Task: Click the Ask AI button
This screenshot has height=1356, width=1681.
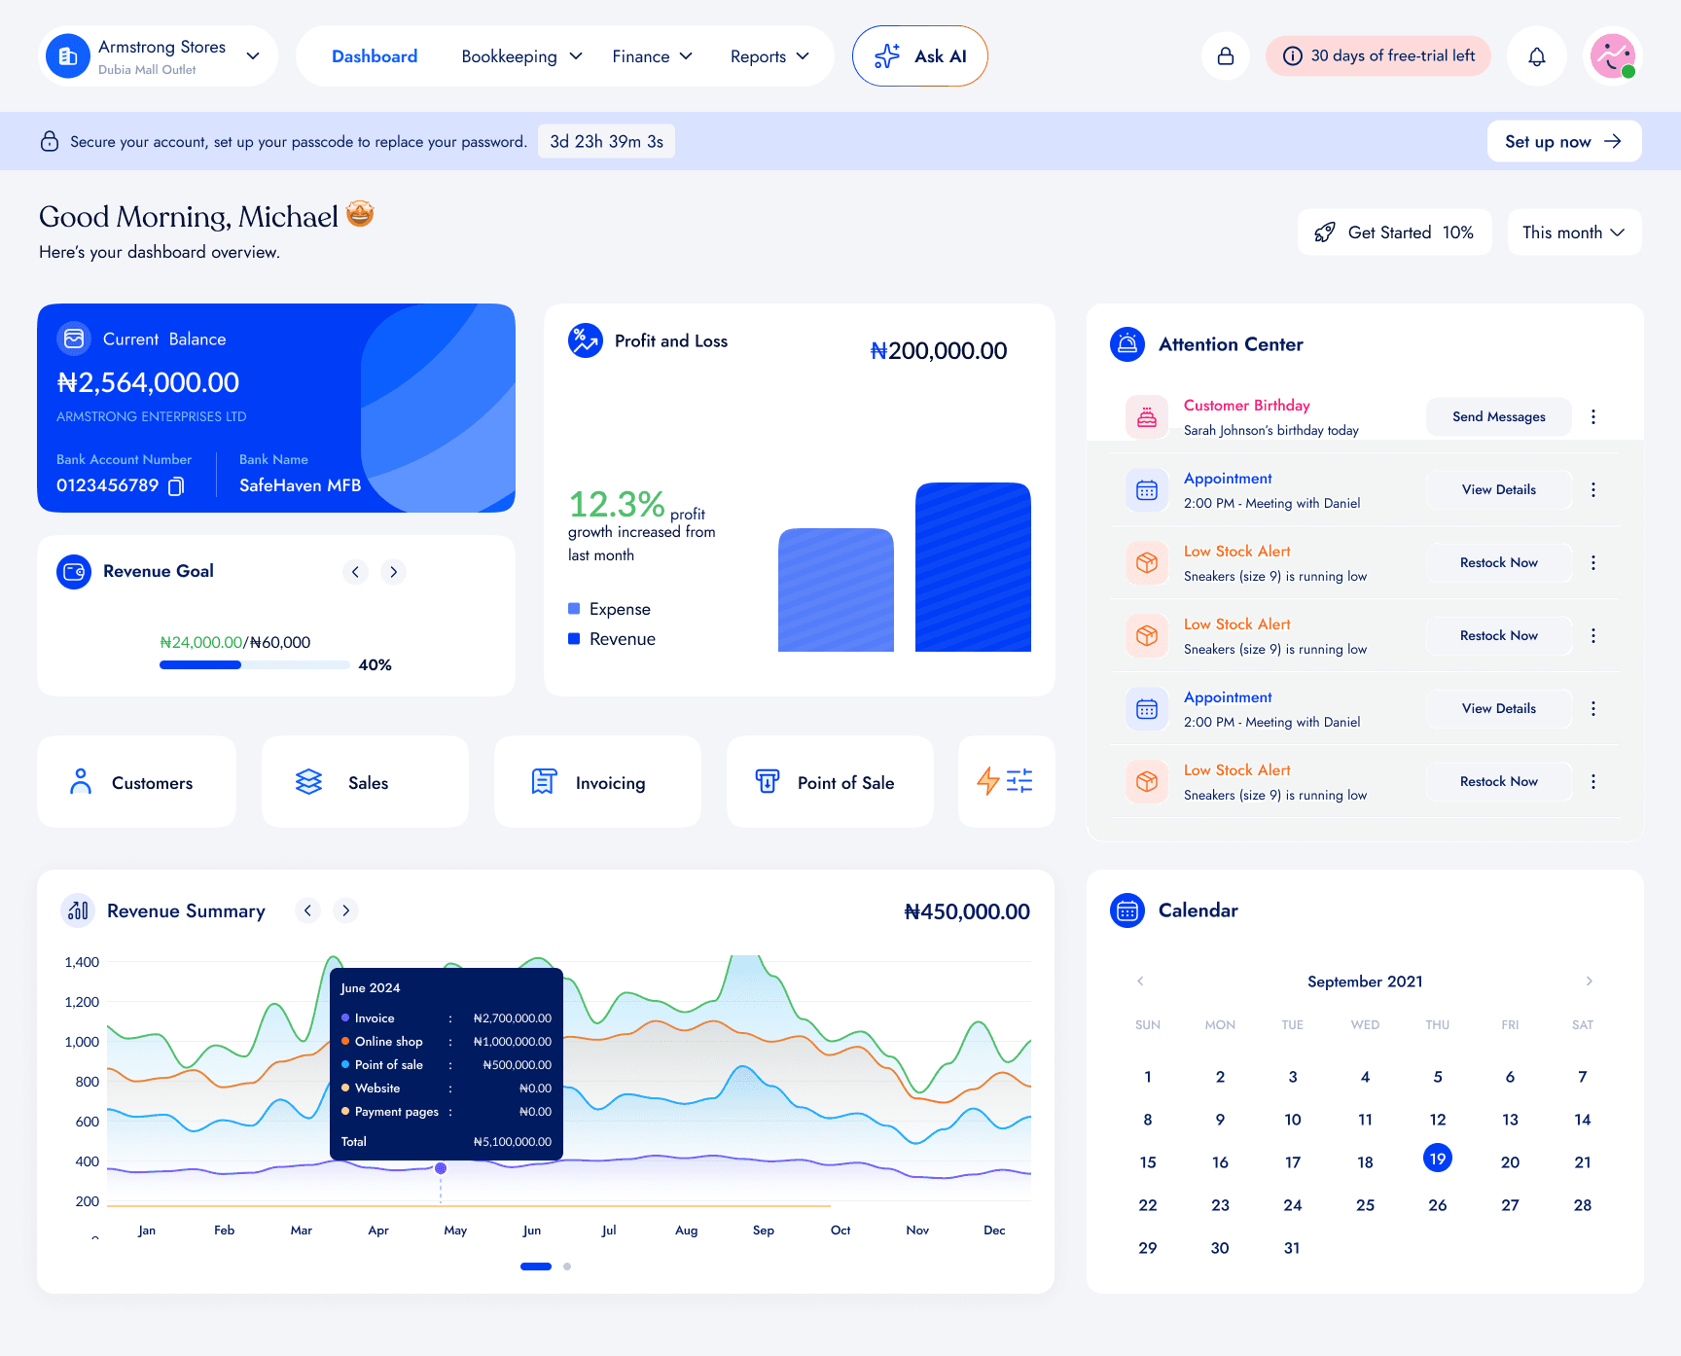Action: [919, 56]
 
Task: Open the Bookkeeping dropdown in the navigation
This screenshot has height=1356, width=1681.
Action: [521, 56]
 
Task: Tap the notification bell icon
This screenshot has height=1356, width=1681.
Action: [1537, 56]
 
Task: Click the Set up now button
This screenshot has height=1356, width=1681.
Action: [1564, 141]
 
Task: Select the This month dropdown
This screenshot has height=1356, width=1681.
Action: [1574, 232]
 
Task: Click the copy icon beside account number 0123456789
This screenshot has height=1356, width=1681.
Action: [176, 485]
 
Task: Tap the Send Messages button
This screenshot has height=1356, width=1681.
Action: [1498, 416]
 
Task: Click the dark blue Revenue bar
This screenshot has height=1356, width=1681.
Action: [973, 567]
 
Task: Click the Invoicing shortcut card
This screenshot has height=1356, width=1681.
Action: [597, 782]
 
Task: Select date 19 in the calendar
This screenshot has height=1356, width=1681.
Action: [1438, 1159]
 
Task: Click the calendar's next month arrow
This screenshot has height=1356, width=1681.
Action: [1590, 981]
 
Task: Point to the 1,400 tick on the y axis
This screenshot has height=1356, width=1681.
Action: [82, 962]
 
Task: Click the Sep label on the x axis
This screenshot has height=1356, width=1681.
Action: [764, 1231]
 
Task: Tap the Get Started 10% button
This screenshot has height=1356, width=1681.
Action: [1394, 232]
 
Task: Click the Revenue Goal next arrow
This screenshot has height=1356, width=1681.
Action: [394, 572]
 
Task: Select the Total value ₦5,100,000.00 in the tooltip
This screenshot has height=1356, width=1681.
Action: [513, 1142]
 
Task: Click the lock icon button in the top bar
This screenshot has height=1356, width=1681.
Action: [1226, 56]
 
